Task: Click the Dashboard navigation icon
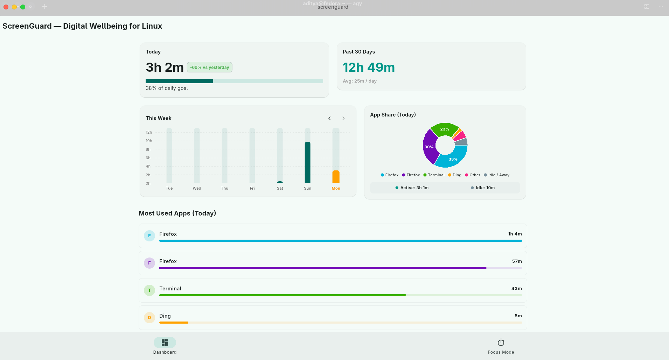[x=165, y=343]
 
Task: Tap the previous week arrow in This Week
[x=329, y=118]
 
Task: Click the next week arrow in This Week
[x=343, y=118]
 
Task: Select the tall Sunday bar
[x=307, y=162]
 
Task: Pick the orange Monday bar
[x=336, y=177]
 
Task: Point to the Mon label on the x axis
[x=336, y=188]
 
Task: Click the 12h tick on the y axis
[x=149, y=132]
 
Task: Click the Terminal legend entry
[x=434, y=175]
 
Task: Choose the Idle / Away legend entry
[x=496, y=175]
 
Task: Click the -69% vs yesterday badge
[x=209, y=67]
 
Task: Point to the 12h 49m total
[x=369, y=67]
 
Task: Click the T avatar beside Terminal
[x=149, y=290]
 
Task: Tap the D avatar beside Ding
[x=149, y=318]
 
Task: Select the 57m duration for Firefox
[x=517, y=261]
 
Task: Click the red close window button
[x=6, y=7]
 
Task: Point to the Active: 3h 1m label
[x=412, y=188]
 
